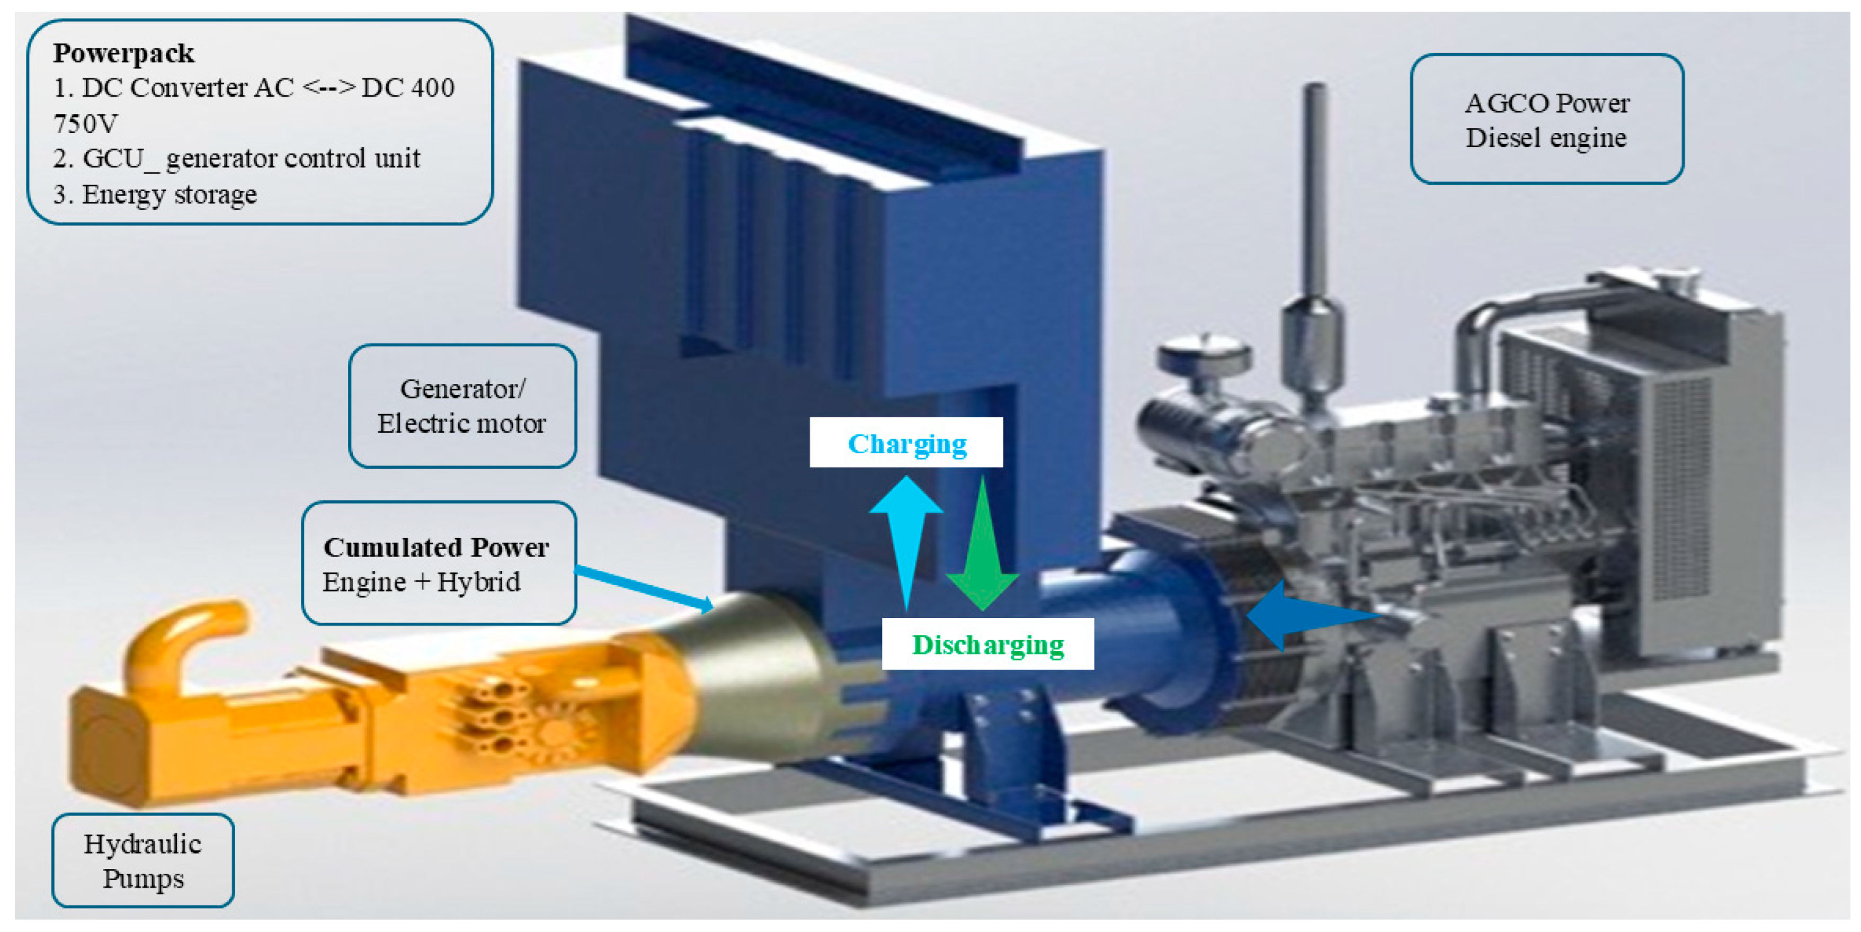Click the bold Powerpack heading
point(123,53)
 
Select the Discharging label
point(987,644)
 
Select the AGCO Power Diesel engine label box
point(1547,119)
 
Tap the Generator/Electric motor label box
point(462,406)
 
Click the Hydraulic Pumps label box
point(143,861)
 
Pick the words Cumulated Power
point(435,547)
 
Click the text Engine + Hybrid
point(421,582)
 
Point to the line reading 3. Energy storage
point(155,195)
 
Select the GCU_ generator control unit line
point(236,159)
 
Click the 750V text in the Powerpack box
point(85,123)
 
